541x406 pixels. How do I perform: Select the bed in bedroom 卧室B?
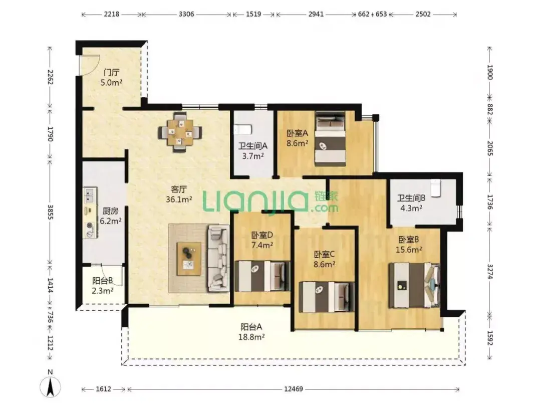click(x=415, y=286)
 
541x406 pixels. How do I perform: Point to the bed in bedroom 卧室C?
click(x=327, y=297)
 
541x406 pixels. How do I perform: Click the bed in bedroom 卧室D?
click(x=262, y=276)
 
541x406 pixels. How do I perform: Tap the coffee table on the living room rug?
click(x=189, y=259)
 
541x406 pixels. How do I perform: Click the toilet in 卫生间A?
click(x=242, y=130)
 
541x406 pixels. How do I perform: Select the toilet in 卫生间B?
click(x=436, y=187)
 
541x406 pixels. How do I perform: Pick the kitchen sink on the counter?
click(x=90, y=195)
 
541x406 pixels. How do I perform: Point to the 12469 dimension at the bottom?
click(x=293, y=389)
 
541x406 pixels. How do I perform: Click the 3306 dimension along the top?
click(x=186, y=14)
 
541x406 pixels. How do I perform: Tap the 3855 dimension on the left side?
click(x=51, y=212)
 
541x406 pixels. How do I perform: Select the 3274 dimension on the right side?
click(x=490, y=272)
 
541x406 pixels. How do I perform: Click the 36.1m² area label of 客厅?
click(x=179, y=199)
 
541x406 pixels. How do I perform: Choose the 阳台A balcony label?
click(x=251, y=327)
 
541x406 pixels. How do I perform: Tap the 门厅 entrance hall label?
click(x=111, y=73)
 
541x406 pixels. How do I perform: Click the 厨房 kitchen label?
click(x=110, y=211)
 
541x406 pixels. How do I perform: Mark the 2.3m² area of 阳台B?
click(x=103, y=291)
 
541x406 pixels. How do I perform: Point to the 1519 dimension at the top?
click(x=253, y=14)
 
